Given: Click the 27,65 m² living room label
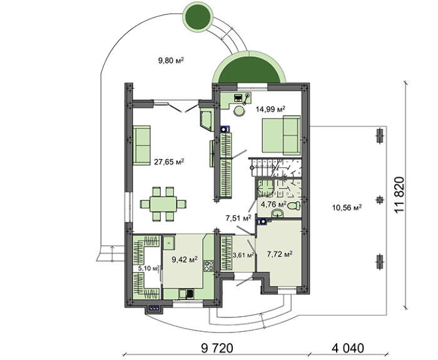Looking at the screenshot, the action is (169, 162).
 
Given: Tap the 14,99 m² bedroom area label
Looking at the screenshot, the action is (270, 109).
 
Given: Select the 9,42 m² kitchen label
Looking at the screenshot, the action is (185, 259).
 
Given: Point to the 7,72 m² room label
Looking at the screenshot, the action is (280, 254).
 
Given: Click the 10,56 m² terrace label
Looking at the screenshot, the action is (347, 207).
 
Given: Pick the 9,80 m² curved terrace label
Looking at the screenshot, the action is (171, 60).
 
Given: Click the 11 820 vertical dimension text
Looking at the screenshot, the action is (399, 195).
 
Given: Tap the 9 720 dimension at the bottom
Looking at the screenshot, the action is (217, 348).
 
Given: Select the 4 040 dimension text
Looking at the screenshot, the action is (348, 348).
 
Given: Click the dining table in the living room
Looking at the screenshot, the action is (163, 204).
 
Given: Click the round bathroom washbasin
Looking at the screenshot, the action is (278, 213).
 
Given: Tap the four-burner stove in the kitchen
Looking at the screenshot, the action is (209, 265).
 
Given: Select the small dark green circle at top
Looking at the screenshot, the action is (198, 16).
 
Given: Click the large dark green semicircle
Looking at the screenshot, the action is (249, 71).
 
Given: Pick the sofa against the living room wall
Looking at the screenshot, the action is (141, 145).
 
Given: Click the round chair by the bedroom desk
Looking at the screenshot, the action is (240, 111).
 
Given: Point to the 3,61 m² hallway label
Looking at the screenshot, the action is (243, 255).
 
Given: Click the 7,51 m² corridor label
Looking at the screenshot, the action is (238, 218).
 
